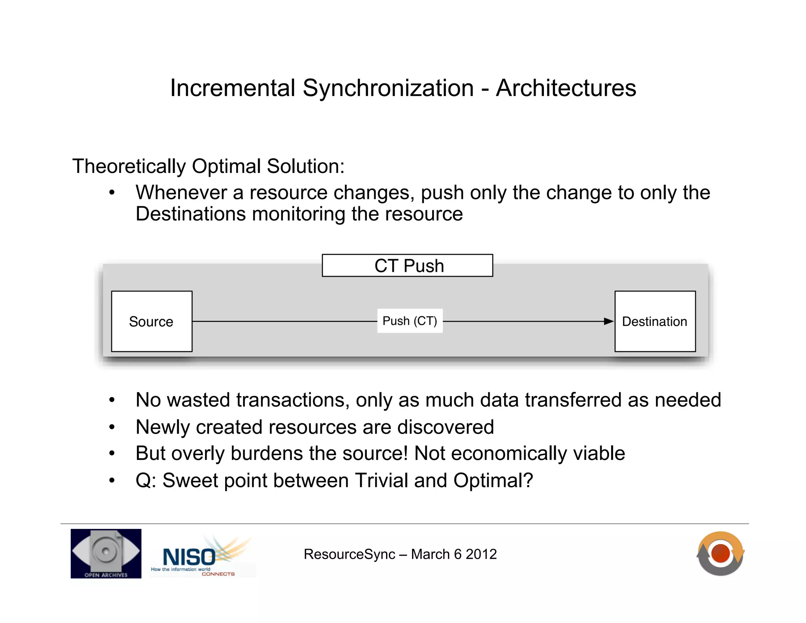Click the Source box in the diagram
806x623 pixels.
pos(152,321)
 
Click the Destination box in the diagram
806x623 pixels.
pos(655,321)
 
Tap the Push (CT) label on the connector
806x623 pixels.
pos(410,321)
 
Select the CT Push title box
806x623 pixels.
pos(407,265)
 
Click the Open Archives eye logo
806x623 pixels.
pos(106,553)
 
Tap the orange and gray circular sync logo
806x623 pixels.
pos(720,553)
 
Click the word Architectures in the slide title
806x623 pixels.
pos(566,88)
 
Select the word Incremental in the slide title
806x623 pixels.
pos(233,88)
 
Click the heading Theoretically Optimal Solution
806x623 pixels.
pos(208,166)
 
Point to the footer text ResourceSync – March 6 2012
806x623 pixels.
pos(400,554)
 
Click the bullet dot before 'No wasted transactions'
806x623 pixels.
pos(112,400)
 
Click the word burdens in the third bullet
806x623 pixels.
pos(267,453)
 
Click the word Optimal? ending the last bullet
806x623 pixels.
pos(493,480)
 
